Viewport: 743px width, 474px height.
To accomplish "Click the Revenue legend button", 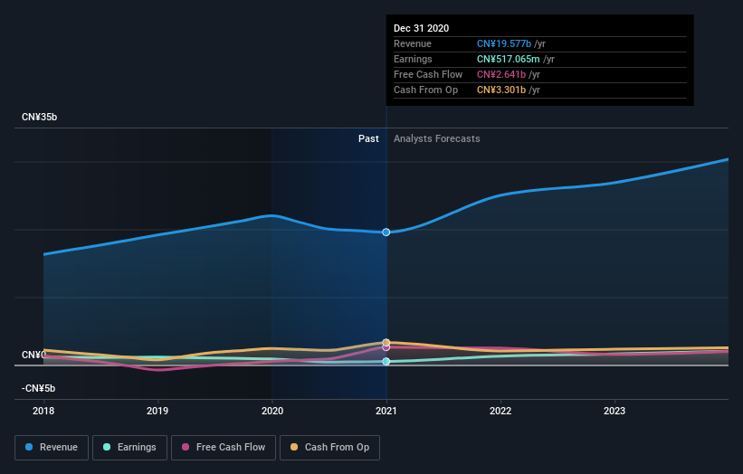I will click(x=52, y=447).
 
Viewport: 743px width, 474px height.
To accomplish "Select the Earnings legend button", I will click(x=129, y=447).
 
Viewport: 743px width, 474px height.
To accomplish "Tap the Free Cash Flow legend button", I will click(x=218, y=447).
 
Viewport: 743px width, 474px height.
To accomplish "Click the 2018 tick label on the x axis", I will click(x=43, y=411).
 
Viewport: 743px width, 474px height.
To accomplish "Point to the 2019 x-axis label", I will click(x=157, y=411).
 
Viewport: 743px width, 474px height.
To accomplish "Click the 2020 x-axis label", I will click(x=271, y=411).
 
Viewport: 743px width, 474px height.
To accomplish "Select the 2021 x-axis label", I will click(x=386, y=411).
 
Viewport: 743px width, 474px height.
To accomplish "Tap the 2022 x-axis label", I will click(x=500, y=411).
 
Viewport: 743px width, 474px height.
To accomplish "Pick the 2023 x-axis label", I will click(x=614, y=411).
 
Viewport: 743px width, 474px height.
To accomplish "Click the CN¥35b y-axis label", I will click(x=39, y=118).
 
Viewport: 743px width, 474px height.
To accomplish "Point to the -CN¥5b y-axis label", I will click(x=38, y=388).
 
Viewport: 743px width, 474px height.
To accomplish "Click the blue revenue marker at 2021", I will click(x=386, y=232).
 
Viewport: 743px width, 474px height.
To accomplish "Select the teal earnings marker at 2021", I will click(x=386, y=362).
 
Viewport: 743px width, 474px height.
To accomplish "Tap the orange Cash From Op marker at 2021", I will click(x=386, y=342).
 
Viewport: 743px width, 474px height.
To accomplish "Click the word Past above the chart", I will click(x=368, y=138).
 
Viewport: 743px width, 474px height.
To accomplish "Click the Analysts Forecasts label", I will click(x=436, y=138).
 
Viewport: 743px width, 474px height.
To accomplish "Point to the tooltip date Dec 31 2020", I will click(x=421, y=29).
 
